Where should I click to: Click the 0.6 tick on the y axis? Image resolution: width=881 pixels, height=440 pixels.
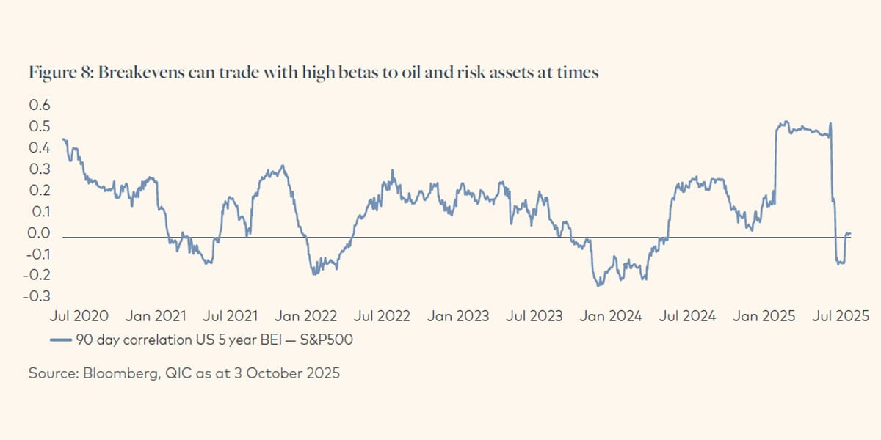coord(39,105)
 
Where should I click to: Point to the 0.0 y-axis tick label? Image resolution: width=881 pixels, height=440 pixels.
coord(39,233)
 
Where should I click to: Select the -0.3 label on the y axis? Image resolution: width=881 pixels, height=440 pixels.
coord(37,297)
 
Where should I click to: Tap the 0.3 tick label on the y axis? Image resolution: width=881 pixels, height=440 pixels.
coord(39,169)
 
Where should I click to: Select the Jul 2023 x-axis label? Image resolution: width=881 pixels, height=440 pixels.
coord(535,317)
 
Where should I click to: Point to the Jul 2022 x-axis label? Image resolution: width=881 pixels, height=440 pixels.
coord(383,317)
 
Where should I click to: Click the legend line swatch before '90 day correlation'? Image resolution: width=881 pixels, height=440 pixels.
coord(61,340)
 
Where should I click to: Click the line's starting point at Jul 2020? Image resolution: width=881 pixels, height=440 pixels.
coord(63,139)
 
